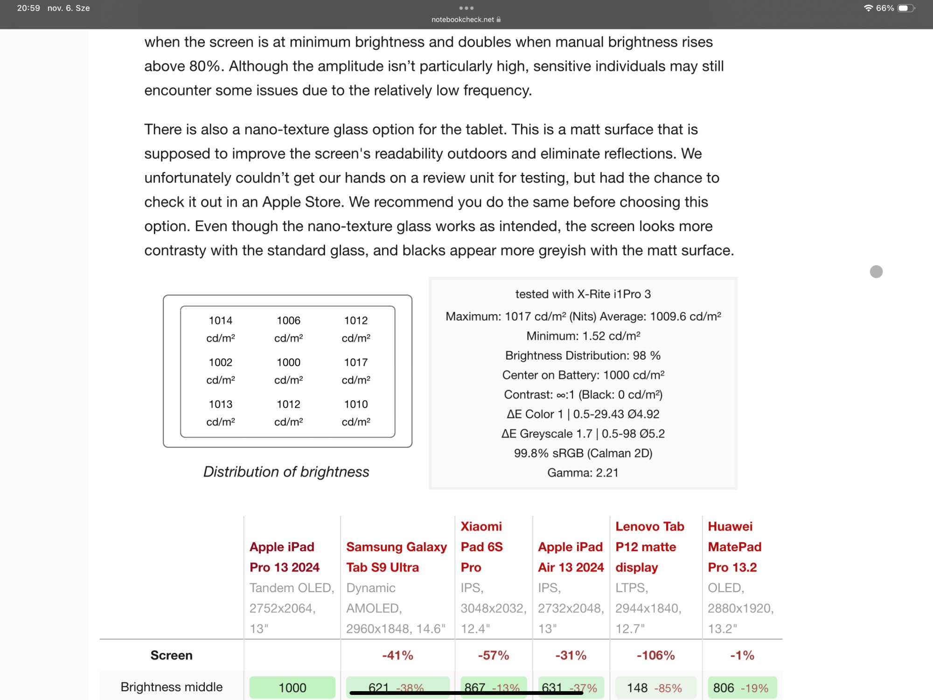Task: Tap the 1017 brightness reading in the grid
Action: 356,363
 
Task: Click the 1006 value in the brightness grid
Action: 288,321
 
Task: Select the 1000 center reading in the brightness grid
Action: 288,363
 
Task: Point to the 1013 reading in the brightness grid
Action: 221,404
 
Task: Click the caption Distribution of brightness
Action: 286,472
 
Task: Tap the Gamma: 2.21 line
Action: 583,473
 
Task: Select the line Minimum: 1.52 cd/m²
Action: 583,336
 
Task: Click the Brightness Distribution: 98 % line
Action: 583,356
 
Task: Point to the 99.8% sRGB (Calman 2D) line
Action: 583,453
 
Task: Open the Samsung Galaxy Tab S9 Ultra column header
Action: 396,557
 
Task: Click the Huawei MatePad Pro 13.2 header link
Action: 734,546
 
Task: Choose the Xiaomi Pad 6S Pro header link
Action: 481,546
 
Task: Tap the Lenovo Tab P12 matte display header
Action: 649,546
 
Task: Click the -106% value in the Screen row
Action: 655,656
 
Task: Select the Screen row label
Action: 171,656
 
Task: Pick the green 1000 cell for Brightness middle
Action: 292,687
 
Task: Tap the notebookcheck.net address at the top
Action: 463,20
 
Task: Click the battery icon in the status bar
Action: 905,8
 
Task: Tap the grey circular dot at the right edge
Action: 876,272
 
